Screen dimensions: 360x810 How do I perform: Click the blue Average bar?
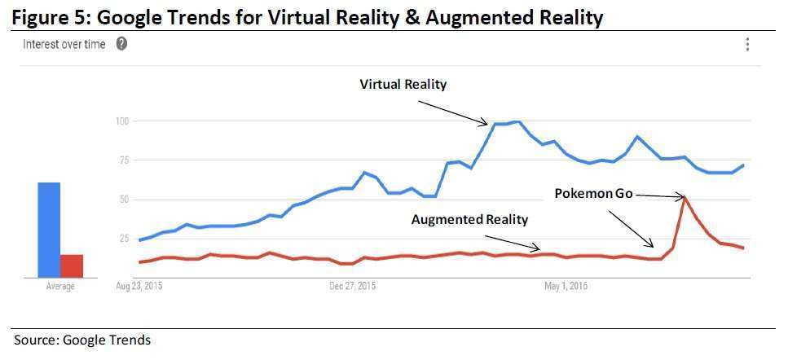[49, 230]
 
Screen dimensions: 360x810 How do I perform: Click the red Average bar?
[72, 266]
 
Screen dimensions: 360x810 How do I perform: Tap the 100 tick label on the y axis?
[122, 121]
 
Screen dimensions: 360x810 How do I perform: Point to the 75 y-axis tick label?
[124, 160]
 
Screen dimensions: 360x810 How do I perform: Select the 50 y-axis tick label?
[124, 200]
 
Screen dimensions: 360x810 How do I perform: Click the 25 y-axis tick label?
[124, 239]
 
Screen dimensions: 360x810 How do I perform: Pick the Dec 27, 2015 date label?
[353, 287]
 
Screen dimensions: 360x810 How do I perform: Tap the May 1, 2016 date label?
[566, 287]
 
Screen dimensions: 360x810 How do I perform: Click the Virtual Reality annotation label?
[403, 84]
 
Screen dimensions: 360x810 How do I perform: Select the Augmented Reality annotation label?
[469, 219]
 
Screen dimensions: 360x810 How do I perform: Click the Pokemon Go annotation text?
[592, 194]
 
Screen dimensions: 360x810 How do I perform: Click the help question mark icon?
[121, 44]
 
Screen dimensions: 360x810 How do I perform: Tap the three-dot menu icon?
[747, 44]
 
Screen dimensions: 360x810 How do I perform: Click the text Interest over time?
[64, 45]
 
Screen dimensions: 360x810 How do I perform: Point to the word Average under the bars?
[59, 287]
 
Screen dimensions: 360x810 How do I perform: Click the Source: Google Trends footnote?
[82, 340]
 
